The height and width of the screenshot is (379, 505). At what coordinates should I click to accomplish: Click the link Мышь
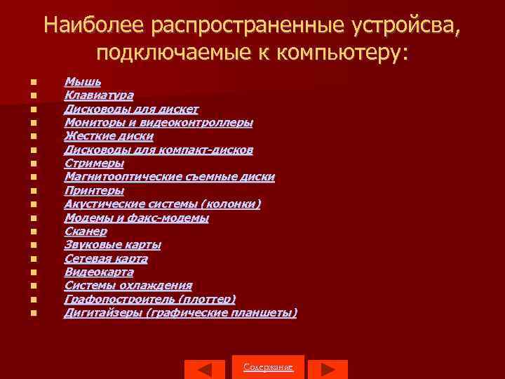coord(82,82)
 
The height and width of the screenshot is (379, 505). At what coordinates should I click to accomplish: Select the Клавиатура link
coord(99,95)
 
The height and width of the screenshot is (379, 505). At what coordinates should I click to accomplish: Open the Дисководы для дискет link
coord(131,109)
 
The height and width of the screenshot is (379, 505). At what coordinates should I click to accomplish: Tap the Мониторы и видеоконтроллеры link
coord(159,123)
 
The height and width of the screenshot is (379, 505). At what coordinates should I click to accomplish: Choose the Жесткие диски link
coord(108,136)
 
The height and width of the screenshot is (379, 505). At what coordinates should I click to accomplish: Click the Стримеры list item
coord(94,164)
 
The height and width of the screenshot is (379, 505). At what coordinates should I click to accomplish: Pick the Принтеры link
coord(94,191)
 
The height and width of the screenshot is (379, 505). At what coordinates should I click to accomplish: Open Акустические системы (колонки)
coord(162,204)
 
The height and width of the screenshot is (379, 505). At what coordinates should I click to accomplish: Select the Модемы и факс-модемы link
coord(136,218)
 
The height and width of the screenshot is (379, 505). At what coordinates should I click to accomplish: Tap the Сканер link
coord(86,231)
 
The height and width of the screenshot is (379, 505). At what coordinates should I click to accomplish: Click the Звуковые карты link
coord(112,245)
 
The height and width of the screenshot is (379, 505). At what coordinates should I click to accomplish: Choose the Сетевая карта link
coord(106,258)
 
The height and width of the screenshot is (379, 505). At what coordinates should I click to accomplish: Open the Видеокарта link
coord(99,272)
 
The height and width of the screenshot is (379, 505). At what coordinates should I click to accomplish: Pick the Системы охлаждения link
coord(128,286)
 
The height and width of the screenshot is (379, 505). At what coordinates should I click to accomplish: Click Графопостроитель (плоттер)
coord(150,299)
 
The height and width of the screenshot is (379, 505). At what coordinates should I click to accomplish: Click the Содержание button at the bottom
coord(268,368)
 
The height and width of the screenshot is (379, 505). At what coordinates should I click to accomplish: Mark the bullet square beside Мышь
coord(33,82)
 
